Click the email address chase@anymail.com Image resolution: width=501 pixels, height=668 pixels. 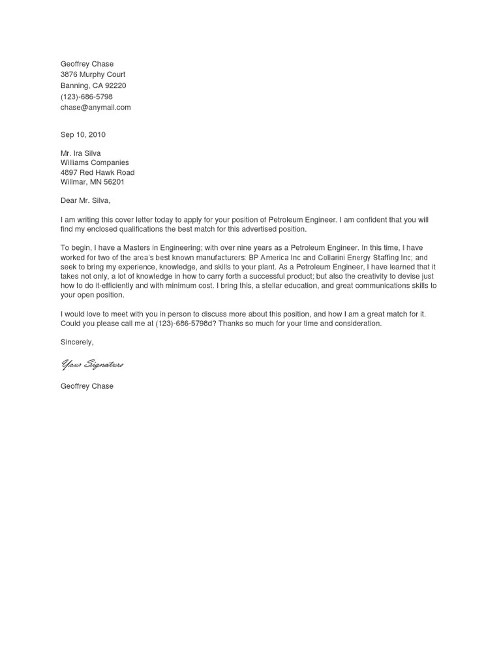tap(95, 108)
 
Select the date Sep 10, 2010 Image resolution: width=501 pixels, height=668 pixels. tap(83, 135)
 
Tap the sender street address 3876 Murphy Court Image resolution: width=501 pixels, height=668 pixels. tap(93, 74)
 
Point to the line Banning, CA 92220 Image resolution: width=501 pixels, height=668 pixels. tap(93, 85)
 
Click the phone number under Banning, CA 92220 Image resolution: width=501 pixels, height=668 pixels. tap(87, 97)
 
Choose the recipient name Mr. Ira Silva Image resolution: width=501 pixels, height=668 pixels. tap(81, 153)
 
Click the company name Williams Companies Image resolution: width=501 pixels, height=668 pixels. tap(95, 163)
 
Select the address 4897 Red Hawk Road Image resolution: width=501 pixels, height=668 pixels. tap(97, 173)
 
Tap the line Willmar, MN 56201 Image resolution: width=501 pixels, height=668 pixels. tap(93, 183)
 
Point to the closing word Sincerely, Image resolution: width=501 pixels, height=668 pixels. tap(77, 342)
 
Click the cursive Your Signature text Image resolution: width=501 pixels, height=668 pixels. tap(92, 365)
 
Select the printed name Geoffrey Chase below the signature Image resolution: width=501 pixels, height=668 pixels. tap(87, 386)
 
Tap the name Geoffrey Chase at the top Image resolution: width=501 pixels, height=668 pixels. tap(87, 64)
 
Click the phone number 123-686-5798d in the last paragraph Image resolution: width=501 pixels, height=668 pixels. tap(185, 324)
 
